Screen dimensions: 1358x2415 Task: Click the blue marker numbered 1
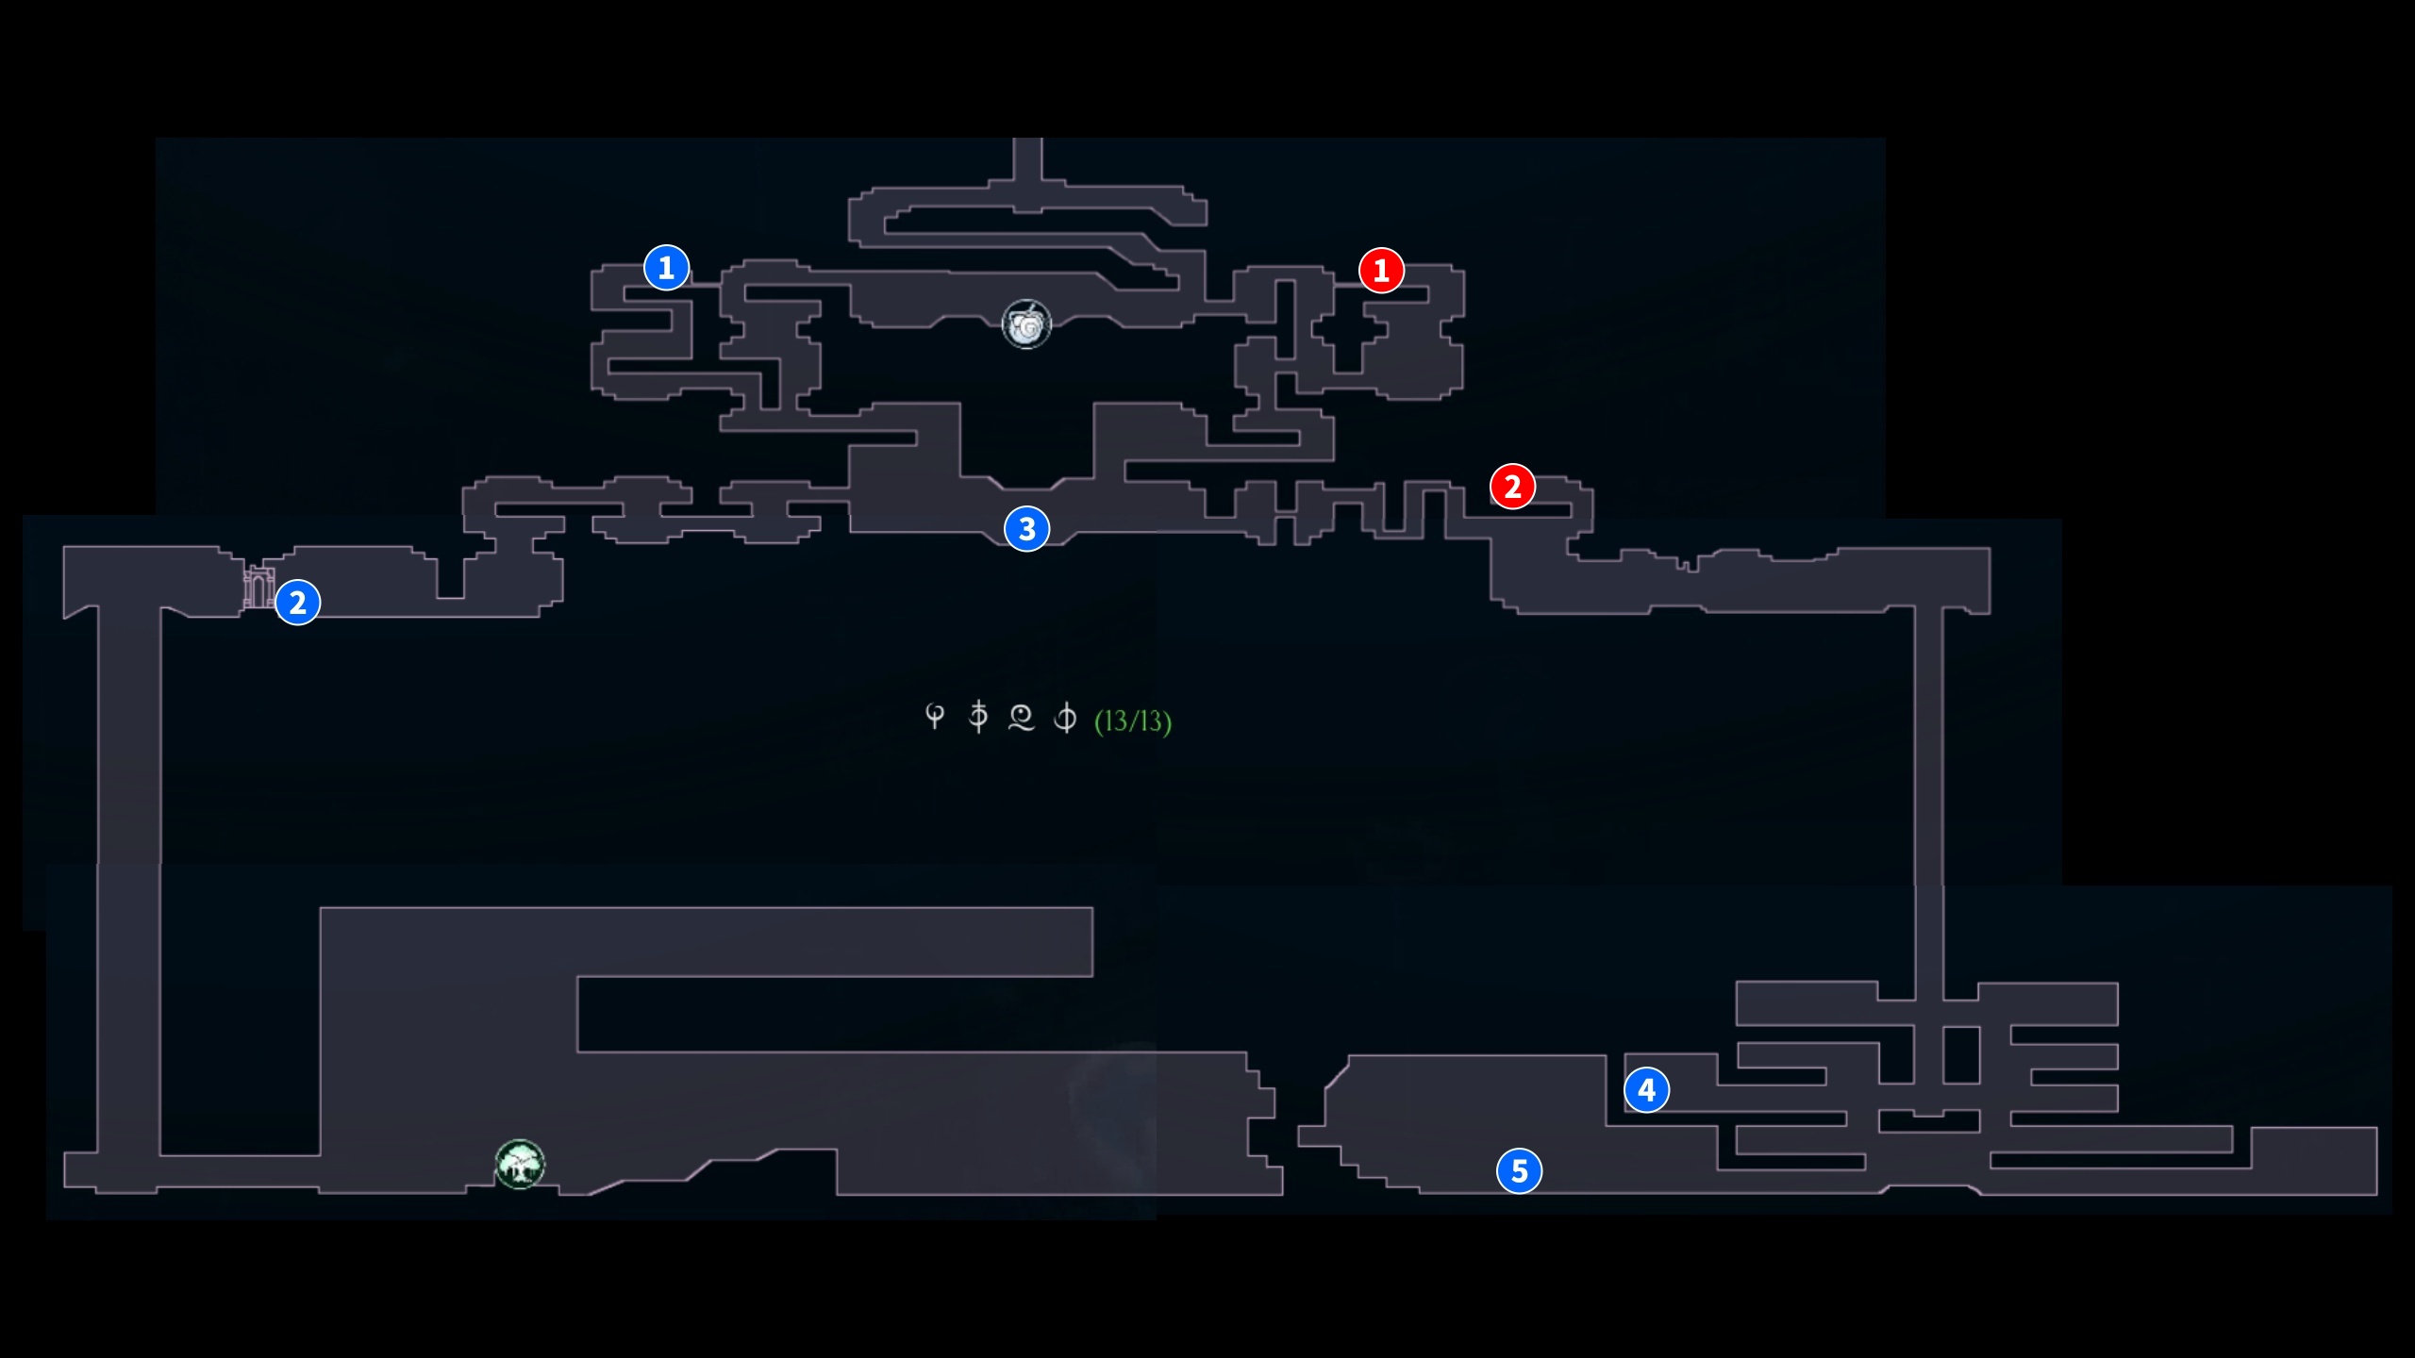pyautogui.click(x=666, y=268)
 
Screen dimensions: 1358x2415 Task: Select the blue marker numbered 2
pyautogui.click(x=297, y=603)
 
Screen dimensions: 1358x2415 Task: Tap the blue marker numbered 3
pyautogui.click(x=1026, y=529)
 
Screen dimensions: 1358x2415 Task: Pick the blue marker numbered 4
pyautogui.click(x=1646, y=1090)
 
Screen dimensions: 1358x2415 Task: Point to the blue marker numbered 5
pyautogui.click(x=1519, y=1171)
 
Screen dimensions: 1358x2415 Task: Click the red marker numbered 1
pyautogui.click(x=1381, y=271)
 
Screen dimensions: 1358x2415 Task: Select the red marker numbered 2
pyautogui.click(x=1512, y=487)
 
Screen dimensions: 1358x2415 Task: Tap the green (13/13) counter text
pyautogui.click(x=1132, y=721)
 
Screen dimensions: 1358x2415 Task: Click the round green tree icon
pyautogui.click(x=520, y=1165)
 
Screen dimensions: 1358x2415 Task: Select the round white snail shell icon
pyautogui.click(x=1026, y=325)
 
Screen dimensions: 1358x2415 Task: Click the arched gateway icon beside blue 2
pyautogui.click(x=258, y=588)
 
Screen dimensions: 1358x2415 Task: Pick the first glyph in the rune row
pyautogui.click(x=934, y=717)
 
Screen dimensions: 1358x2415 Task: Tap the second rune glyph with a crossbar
pyautogui.click(x=978, y=717)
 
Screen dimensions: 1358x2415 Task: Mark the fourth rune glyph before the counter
pyautogui.click(x=1065, y=718)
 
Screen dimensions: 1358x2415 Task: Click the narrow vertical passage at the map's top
pyautogui.click(x=1027, y=160)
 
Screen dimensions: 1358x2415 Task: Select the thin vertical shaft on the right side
pyautogui.click(x=1928, y=802)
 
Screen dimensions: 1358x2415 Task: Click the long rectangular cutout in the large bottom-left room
pyautogui.click(x=835, y=1014)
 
